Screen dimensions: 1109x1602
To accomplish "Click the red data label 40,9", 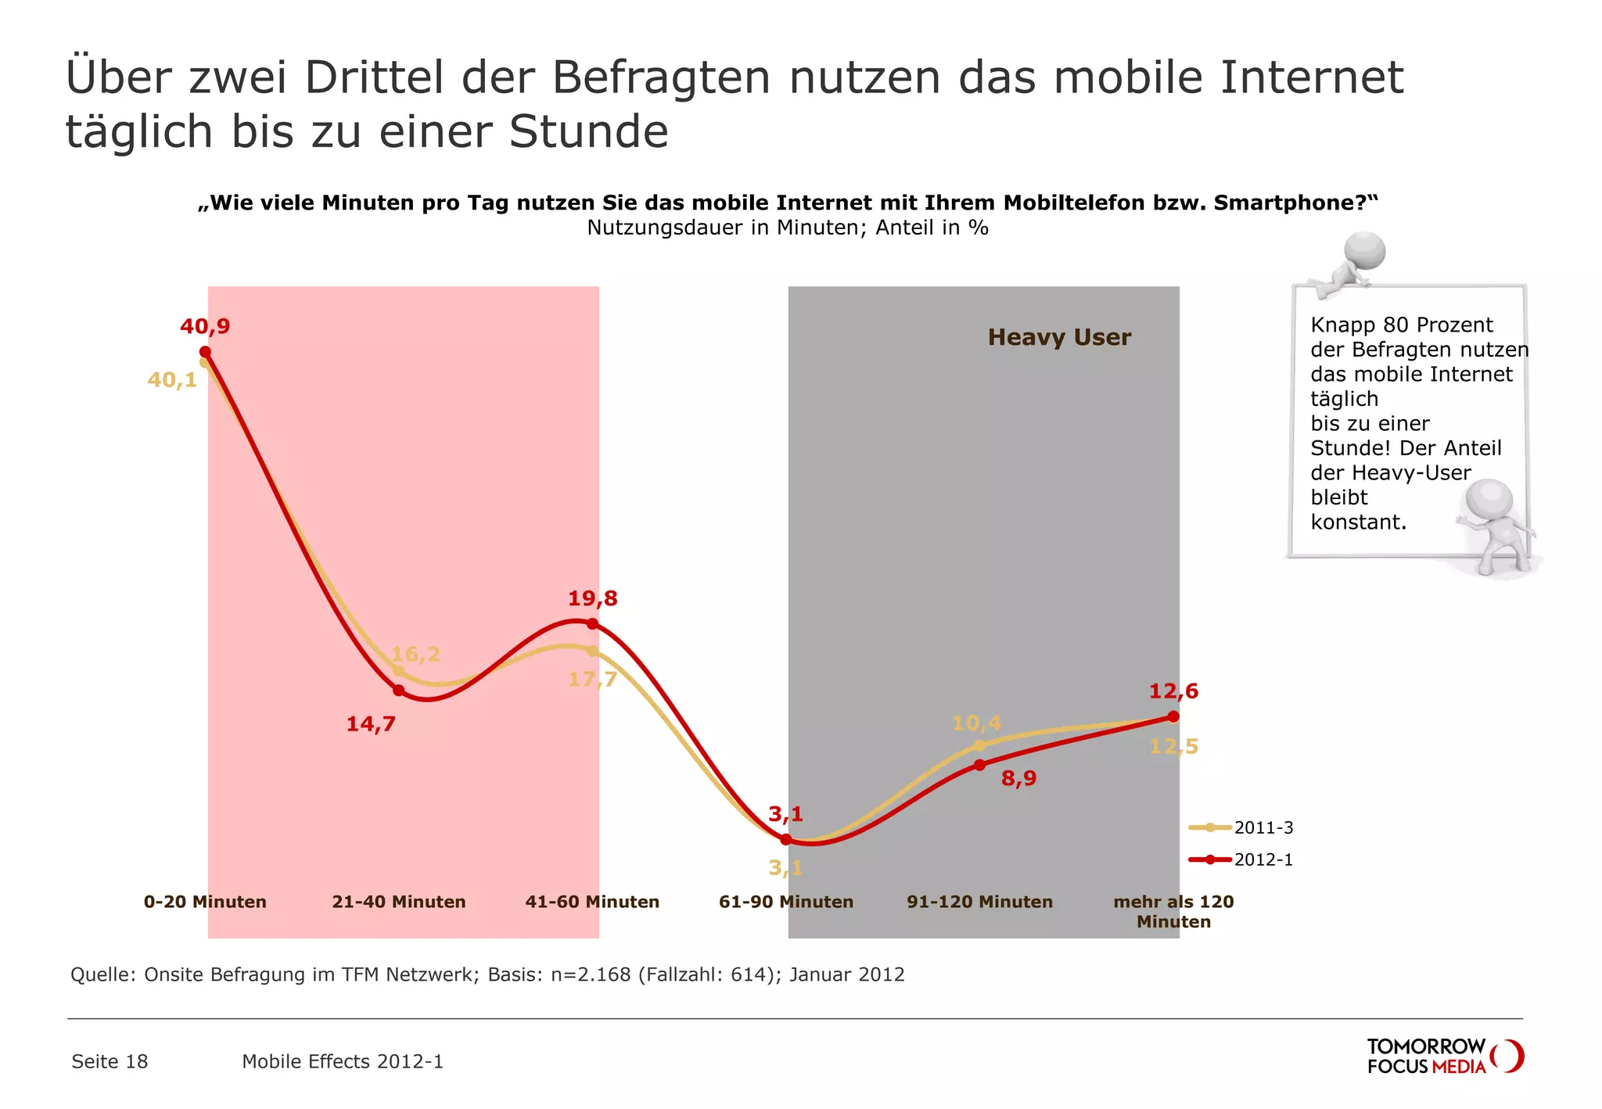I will [x=205, y=326].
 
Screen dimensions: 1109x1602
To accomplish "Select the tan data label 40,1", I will [x=172, y=380].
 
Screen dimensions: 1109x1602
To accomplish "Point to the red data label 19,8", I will [x=592, y=599].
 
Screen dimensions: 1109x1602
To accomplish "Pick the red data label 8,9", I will [x=1018, y=778].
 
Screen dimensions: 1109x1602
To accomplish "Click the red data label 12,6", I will [x=1173, y=691].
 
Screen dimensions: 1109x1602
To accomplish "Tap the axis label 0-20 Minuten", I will [x=205, y=902].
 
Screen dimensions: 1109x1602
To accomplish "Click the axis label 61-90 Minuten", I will [x=785, y=902].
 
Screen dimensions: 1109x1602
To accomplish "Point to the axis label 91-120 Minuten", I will [x=979, y=902].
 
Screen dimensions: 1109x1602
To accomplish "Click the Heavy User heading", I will [x=1059, y=337].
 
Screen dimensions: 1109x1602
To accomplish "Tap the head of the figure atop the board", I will [x=1365, y=251].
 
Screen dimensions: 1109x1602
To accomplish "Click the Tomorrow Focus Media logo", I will [x=1443, y=1056].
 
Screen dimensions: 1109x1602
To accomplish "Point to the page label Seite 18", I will [x=110, y=1061].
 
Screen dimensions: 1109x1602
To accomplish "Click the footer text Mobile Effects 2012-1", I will [x=343, y=1061].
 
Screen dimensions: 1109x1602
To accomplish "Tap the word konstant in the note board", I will [x=1357, y=522].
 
